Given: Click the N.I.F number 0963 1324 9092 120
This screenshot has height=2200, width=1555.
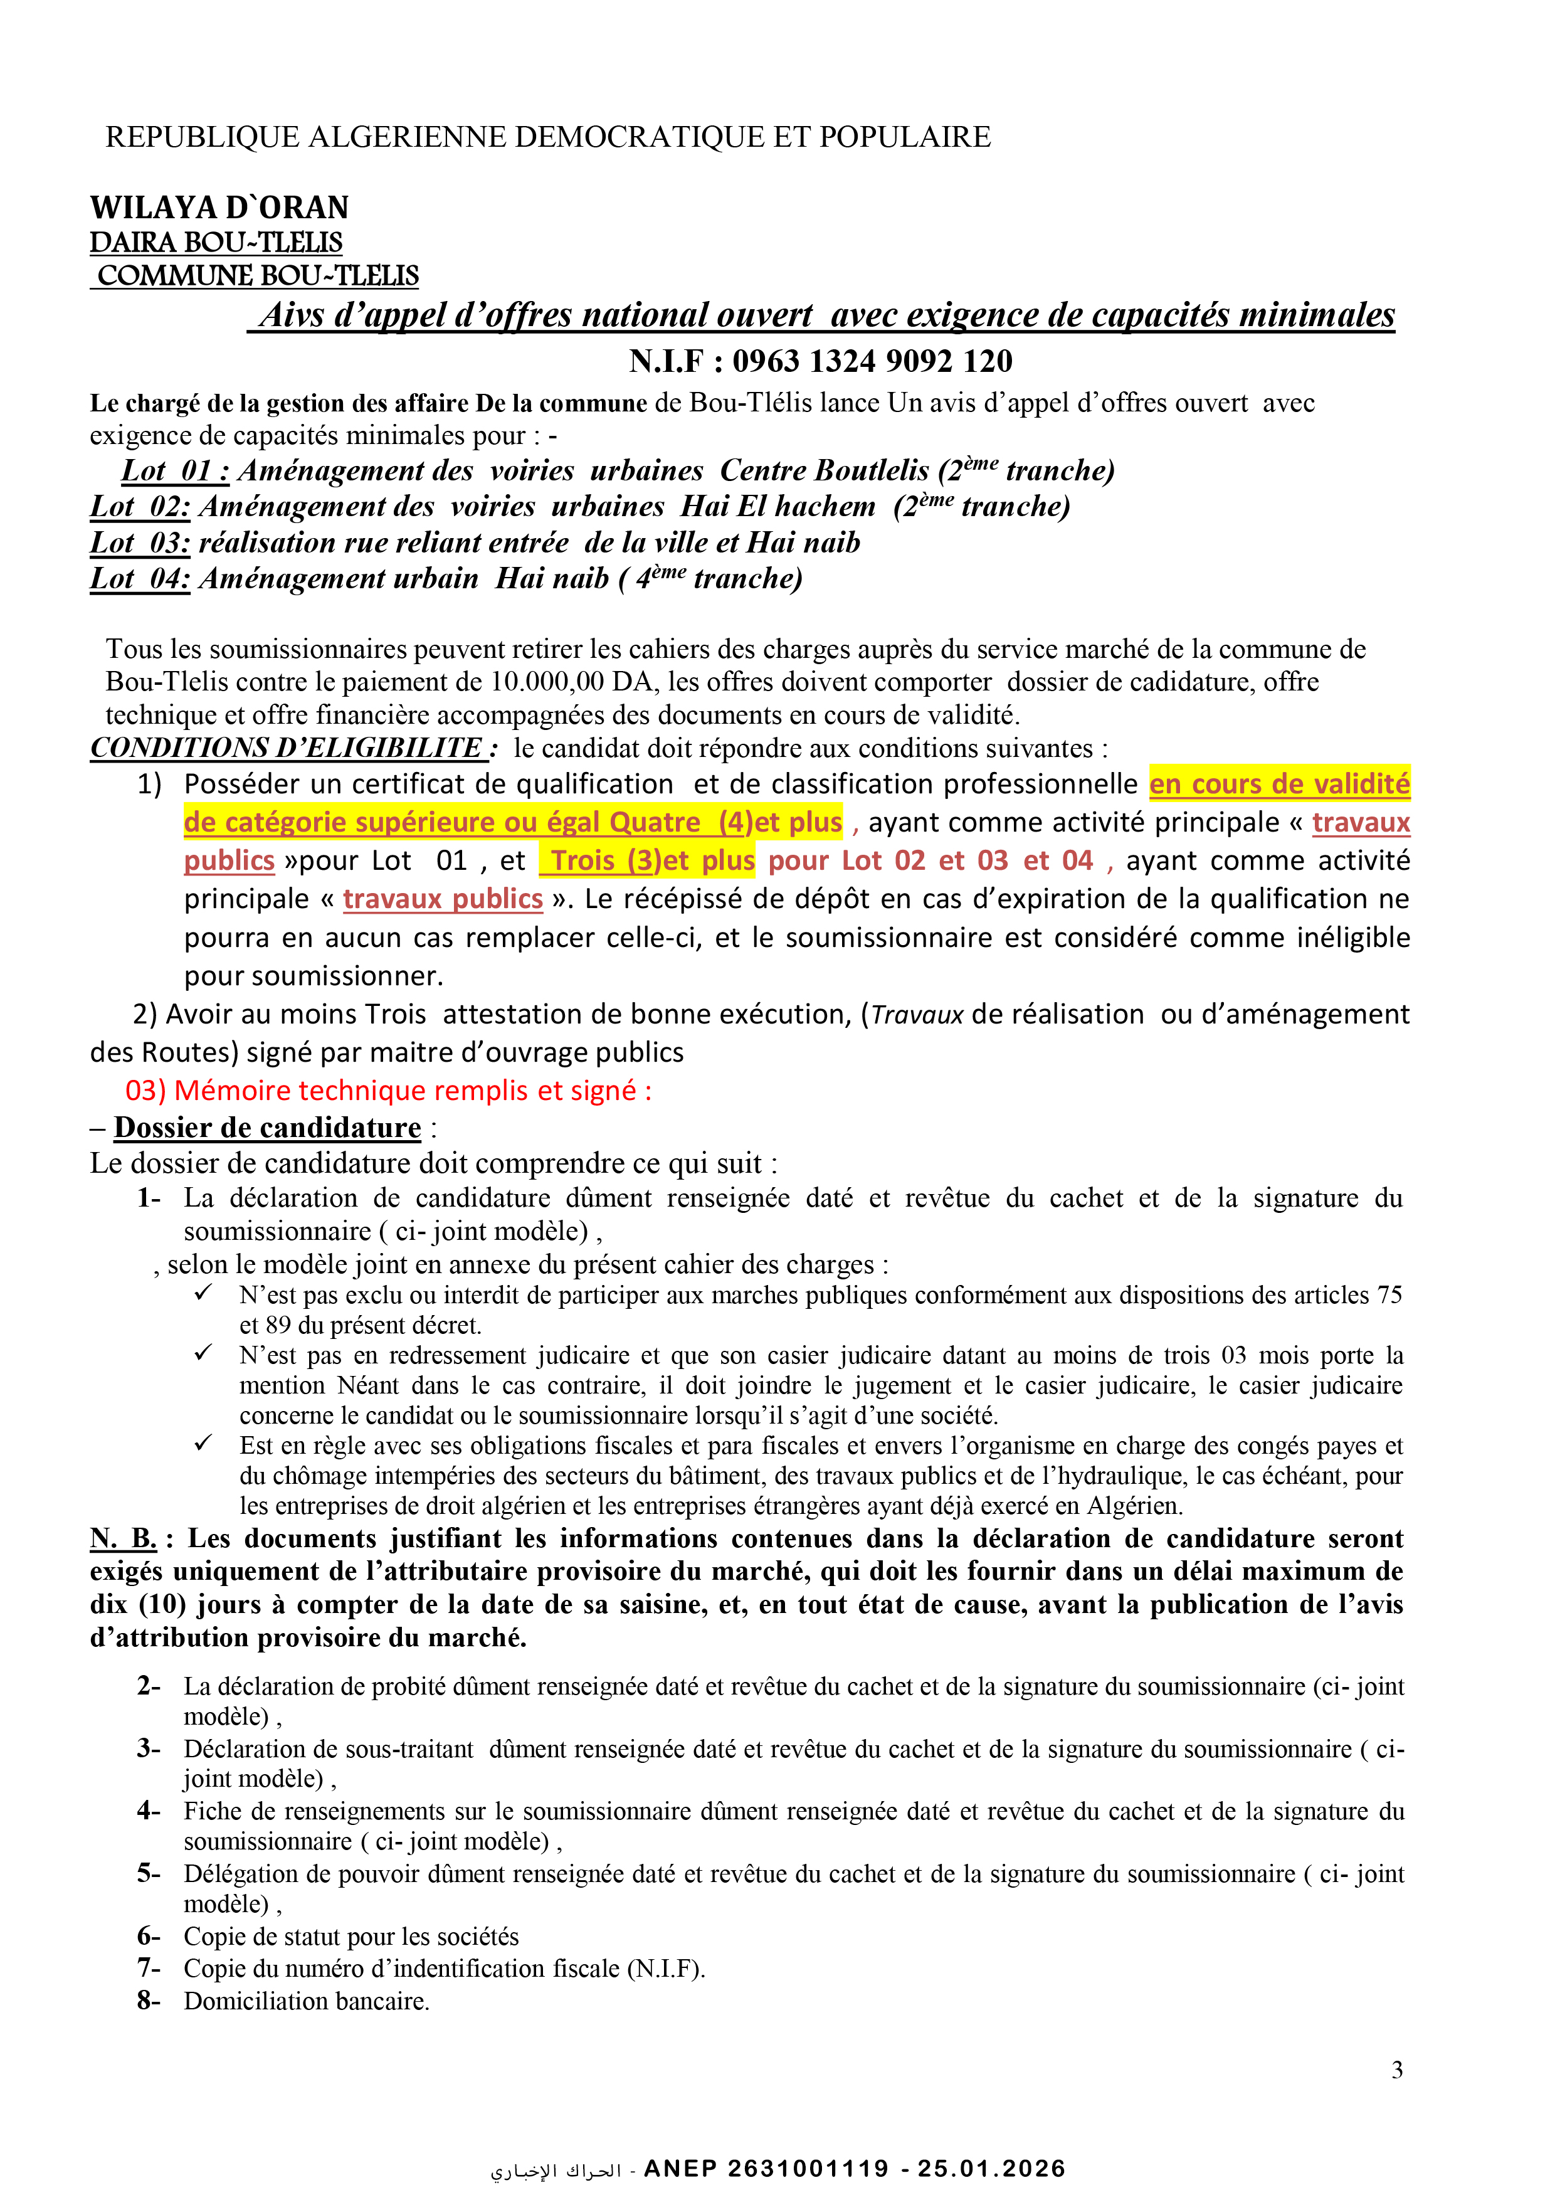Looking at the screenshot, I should (x=872, y=361).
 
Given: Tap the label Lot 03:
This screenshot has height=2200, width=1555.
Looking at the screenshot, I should (x=140, y=543).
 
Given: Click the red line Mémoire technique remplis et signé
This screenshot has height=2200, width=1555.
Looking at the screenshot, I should (x=388, y=1091).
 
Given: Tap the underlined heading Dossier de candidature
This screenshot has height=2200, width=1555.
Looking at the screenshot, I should (x=267, y=1128).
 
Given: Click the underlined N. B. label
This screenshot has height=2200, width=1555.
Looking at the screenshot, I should (x=124, y=1539).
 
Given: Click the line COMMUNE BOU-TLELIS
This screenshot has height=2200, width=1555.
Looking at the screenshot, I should (x=258, y=276).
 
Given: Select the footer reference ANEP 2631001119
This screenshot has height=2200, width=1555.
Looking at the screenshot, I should (x=766, y=2169).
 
